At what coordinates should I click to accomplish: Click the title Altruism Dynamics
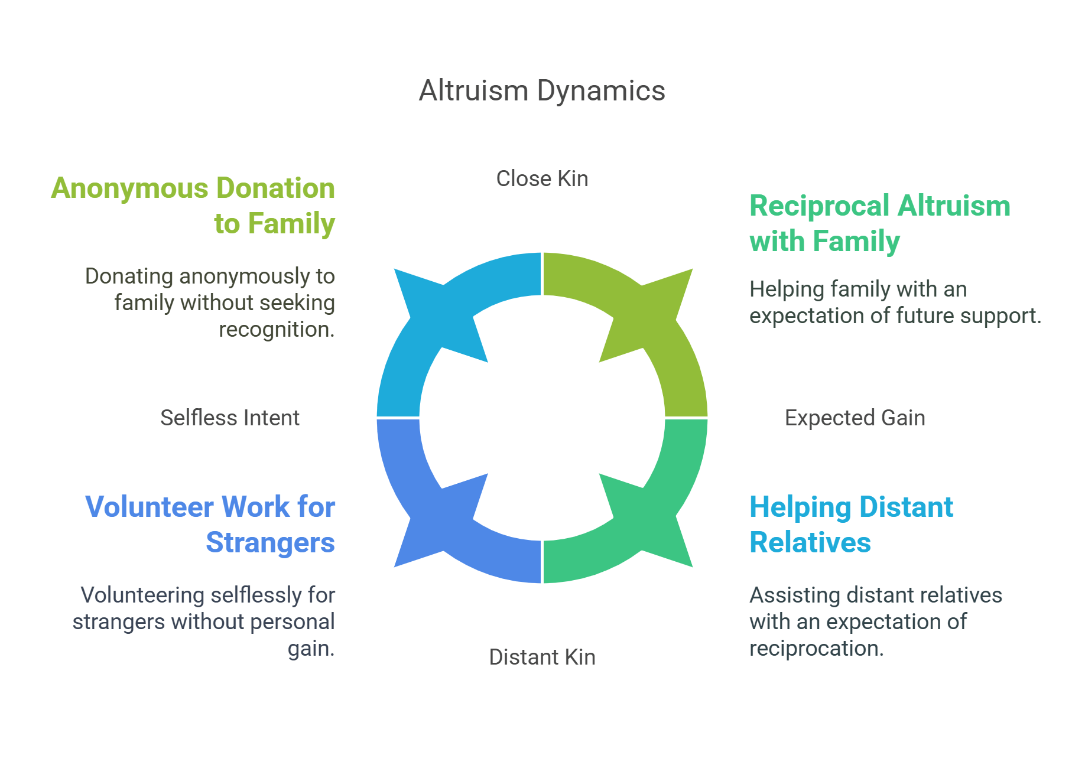tap(542, 91)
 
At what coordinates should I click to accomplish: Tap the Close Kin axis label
tap(542, 178)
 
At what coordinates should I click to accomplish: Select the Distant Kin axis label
tap(542, 657)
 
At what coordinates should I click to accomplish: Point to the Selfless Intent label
tap(230, 418)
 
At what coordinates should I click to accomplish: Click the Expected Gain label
tap(855, 418)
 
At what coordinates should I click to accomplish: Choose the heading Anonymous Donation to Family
tap(193, 206)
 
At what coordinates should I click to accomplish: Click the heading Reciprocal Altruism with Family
tap(879, 223)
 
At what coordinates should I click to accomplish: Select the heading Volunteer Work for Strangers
tap(210, 525)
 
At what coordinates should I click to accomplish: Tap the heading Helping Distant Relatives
tap(851, 525)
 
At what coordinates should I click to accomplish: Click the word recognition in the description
tap(277, 330)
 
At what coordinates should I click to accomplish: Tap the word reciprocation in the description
tap(816, 649)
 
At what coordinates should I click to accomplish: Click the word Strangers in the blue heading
tap(270, 542)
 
